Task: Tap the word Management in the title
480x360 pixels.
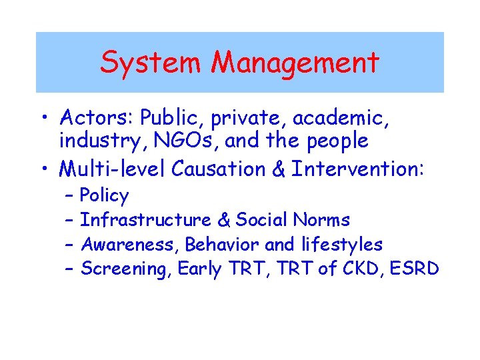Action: tap(295, 63)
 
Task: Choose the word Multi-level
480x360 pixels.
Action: tap(113, 169)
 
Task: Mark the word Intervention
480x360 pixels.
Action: tap(357, 169)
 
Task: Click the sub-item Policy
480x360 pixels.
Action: tap(104, 196)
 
